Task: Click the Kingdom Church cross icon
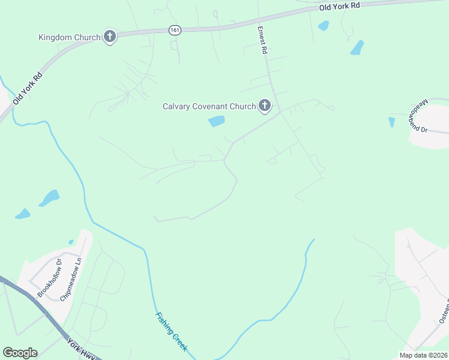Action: (x=109, y=37)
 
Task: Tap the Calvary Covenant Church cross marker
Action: (x=265, y=107)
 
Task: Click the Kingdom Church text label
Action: (x=69, y=37)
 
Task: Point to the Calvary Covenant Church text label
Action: (x=209, y=107)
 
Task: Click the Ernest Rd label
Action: (x=262, y=40)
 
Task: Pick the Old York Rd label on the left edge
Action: (x=28, y=88)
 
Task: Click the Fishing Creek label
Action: (x=171, y=331)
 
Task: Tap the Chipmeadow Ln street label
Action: (x=70, y=277)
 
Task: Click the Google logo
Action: (x=20, y=353)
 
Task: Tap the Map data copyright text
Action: (x=423, y=355)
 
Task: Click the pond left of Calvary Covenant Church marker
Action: (x=216, y=122)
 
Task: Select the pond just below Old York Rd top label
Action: (x=324, y=26)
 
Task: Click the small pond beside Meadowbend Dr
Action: (x=392, y=122)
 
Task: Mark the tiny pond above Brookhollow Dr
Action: (x=71, y=242)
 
